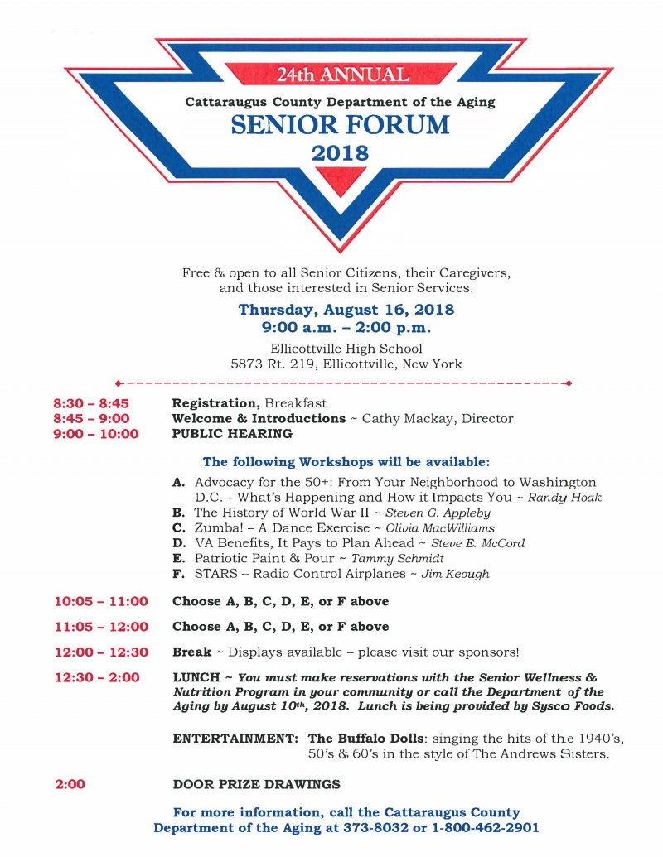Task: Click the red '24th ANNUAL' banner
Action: (342, 75)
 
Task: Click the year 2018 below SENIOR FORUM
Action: (340, 152)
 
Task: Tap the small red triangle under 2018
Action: (341, 179)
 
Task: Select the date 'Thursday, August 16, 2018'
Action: (346, 310)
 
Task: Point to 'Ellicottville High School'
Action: (346, 349)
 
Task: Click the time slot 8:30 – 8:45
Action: (91, 403)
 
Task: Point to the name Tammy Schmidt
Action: (398, 558)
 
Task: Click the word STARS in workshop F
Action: (214, 573)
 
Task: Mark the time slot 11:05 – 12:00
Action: (102, 627)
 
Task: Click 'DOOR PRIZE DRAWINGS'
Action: (256, 784)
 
